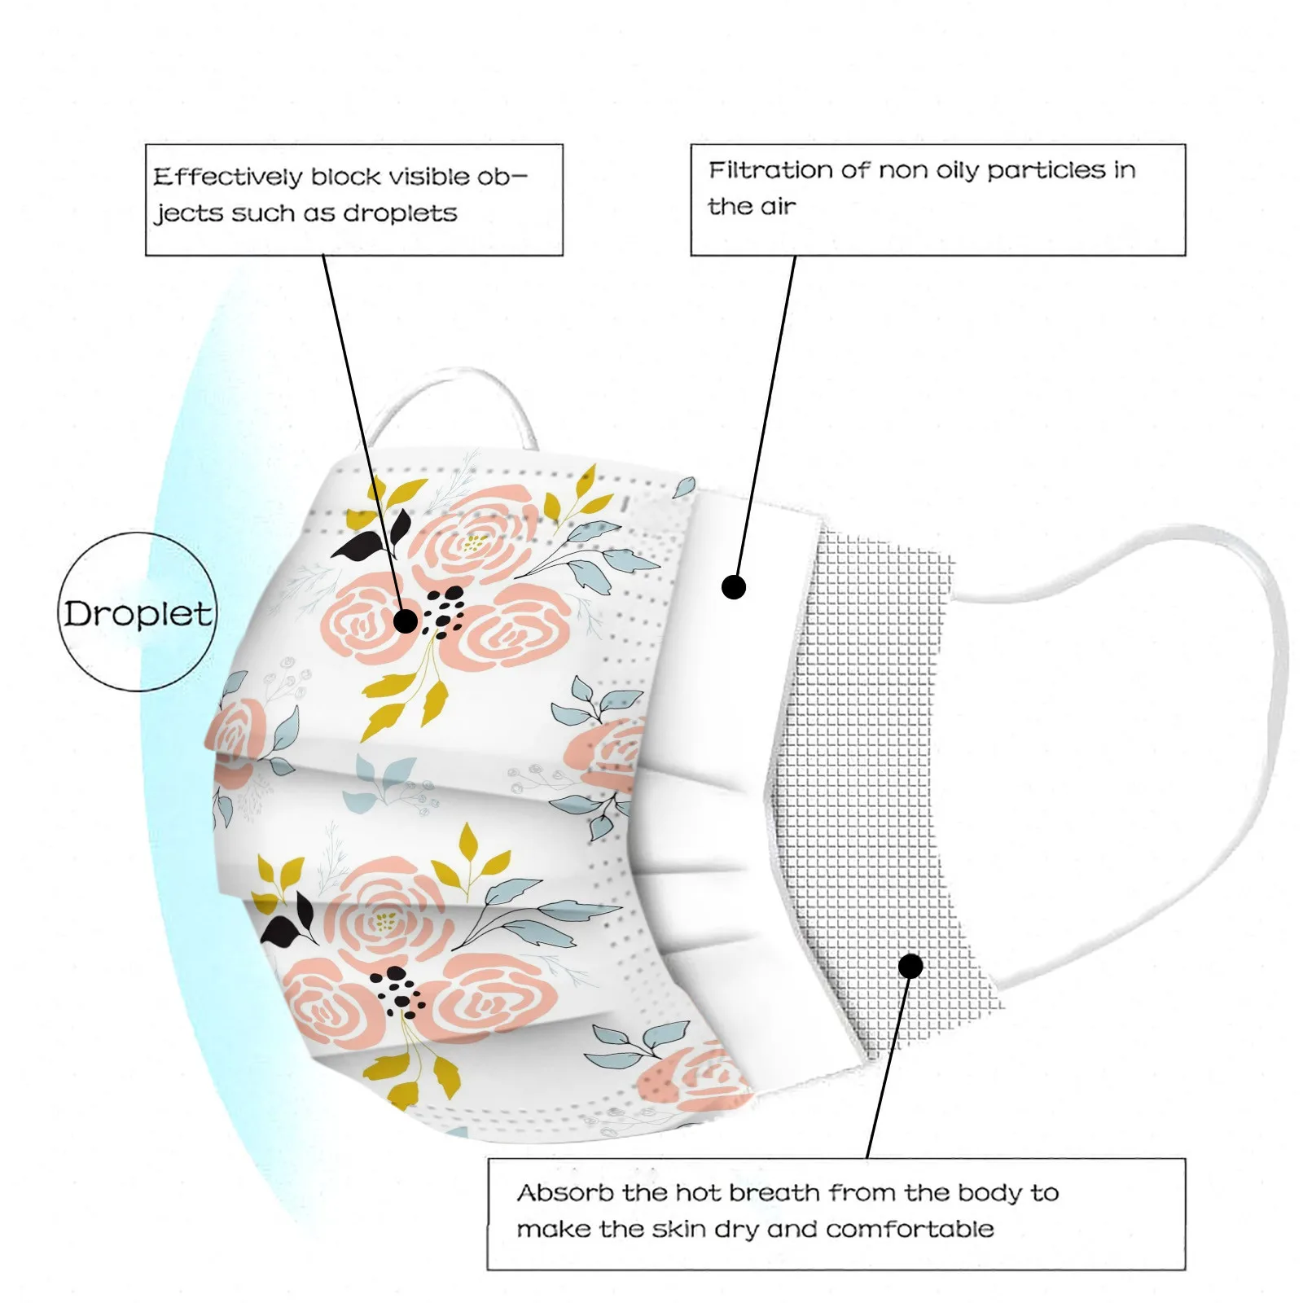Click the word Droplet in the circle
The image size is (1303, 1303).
[x=138, y=613]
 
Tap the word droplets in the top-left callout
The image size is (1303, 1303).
[x=400, y=213]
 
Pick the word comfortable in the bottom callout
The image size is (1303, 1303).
[x=910, y=1229]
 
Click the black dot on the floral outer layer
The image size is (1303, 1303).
[x=405, y=621]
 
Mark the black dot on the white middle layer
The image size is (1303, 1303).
[x=734, y=586]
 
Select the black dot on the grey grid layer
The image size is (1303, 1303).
[x=910, y=966]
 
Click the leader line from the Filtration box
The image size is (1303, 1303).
[x=766, y=415]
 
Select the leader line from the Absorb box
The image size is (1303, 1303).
[x=888, y=1067]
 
